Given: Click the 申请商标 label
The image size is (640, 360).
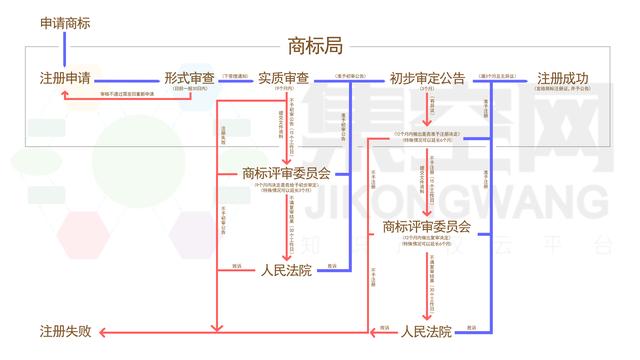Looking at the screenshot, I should pyautogui.click(x=66, y=22).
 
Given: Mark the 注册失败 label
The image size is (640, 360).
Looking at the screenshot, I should pyautogui.click(x=66, y=331).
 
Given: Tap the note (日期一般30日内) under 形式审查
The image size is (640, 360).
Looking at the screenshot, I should pyautogui.click(x=190, y=90).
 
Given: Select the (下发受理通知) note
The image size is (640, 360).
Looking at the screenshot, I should pyautogui.click(x=236, y=74).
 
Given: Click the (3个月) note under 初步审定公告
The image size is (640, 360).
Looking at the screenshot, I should pyautogui.click(x=427, y=90).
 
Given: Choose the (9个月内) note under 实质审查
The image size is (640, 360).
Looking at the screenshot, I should pyautogui.click(x=283, y=90).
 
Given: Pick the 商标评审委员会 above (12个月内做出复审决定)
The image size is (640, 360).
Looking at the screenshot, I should pyautogui.click(x=427, y=228).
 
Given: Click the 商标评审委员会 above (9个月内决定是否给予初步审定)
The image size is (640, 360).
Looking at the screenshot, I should pyautogui.click(x=286, y=173).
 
